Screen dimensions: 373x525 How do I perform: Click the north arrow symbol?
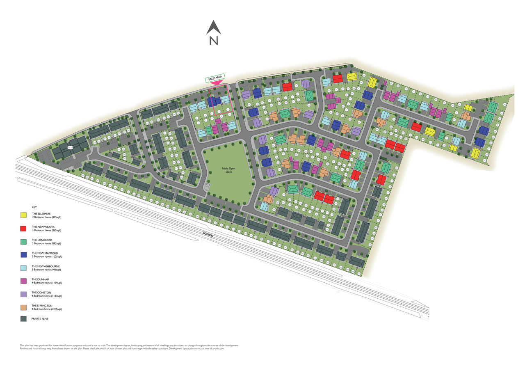tap(213, 27)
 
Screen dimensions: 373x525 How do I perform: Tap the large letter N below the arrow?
tap(213, 40)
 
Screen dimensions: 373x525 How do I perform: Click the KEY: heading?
tap(34, 208)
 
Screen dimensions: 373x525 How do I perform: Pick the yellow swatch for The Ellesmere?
tap(23, 215)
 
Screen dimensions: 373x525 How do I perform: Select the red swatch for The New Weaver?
tap(23, 229)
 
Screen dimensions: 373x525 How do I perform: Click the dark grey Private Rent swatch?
tap(23, 319)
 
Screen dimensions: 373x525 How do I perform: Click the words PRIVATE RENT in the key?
tap(40, 319)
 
